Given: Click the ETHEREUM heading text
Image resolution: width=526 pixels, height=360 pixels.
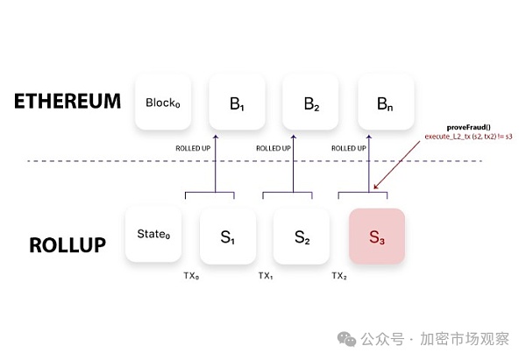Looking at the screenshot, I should point(68,101).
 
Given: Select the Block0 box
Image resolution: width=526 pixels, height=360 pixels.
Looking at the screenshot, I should point(162,102).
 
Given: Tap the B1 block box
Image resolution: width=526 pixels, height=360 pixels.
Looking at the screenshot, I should point(236,103).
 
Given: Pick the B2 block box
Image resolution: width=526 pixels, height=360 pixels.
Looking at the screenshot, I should point(310,103).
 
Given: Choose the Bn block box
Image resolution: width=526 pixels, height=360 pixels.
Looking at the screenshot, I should point(385,103).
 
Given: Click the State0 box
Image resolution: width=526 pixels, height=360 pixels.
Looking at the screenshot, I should point(153,234).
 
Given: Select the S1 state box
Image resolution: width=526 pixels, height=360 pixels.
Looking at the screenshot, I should point(227,236).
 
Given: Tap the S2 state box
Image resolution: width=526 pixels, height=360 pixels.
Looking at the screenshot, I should point(302,236).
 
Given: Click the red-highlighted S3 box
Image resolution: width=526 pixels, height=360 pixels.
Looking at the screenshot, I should point(376,236).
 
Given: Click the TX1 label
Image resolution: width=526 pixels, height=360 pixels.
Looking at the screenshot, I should point(266,275).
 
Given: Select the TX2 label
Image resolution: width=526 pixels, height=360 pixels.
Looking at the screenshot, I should point(340,275).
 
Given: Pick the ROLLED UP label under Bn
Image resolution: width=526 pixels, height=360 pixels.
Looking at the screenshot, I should point(349,149).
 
